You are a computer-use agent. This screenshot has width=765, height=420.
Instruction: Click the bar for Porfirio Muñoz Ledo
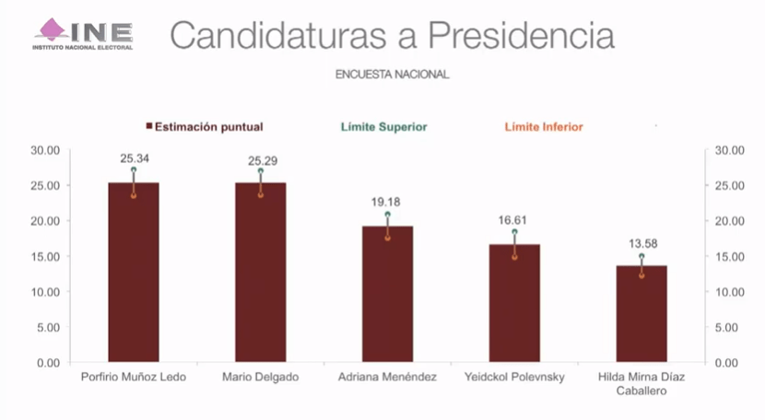[x=134, y=276]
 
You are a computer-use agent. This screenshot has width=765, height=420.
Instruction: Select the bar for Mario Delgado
[x=260, y=276]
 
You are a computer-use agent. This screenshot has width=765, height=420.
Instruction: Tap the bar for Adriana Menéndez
[x=387, y=295]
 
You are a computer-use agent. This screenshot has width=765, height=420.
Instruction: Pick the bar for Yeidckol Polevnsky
[x=514, y=304]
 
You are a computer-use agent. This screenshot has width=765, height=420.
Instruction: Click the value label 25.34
[x=134, y=158]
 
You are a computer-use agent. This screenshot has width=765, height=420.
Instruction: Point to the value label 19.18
[x=387, y=203]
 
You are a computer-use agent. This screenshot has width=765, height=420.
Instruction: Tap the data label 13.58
[x=641, y=244]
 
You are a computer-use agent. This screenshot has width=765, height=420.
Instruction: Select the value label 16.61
[x=514, y=221]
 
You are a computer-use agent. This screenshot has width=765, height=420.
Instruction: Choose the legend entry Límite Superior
[x=383, y=126]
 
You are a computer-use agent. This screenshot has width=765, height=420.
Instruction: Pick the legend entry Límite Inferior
[x=541, y=126]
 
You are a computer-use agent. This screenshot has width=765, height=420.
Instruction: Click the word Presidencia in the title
[x=526, y=35]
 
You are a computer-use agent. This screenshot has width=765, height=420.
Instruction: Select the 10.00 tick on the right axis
[x=729, y=292]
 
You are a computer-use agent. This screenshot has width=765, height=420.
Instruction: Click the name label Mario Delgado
[x=260, y=377]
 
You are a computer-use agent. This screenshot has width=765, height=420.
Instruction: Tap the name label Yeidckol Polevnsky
[x=514, y=377]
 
